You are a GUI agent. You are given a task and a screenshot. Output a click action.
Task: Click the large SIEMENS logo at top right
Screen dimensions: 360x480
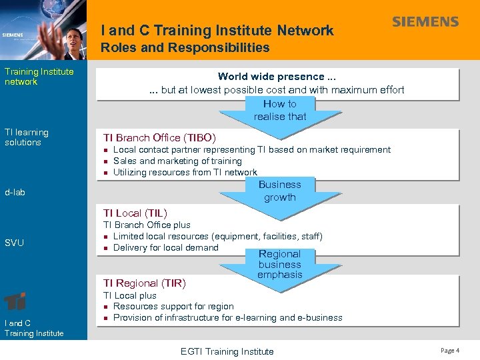(425, 22)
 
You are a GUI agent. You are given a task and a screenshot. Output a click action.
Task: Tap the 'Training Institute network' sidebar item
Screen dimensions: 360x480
(39, 77)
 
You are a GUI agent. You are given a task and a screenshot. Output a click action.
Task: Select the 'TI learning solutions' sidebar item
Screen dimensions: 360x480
(27, 137)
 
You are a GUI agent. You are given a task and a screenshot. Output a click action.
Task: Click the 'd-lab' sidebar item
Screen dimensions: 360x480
(15, 193)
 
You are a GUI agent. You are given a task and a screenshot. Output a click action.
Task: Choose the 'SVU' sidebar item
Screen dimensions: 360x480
(14, 243)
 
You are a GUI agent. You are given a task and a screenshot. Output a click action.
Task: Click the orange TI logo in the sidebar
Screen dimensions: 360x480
(15, 301)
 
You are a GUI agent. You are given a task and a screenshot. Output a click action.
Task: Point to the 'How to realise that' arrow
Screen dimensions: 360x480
(280, 111)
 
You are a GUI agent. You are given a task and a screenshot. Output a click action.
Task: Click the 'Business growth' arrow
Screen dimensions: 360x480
(280, 191)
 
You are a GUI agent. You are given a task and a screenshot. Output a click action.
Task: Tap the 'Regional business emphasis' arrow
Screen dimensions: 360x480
(280, 264)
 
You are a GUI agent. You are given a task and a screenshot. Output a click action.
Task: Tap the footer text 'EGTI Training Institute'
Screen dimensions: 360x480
(227, 351)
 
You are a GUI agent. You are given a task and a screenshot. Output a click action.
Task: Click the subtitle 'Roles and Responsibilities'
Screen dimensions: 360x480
(185, 47)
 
